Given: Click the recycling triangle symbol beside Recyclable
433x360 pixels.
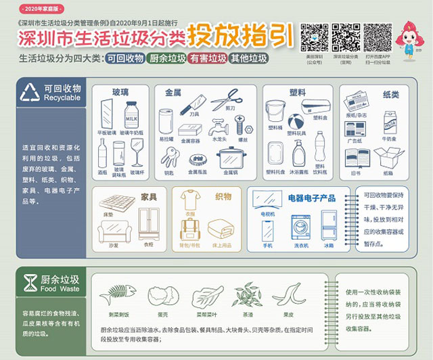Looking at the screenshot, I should tap(29, 93).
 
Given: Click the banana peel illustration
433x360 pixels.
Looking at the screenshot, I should tap(287, 295).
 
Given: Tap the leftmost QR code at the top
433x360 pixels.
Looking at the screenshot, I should tap(314, 37).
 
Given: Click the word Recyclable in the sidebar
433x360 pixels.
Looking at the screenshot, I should tap(62, 98).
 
